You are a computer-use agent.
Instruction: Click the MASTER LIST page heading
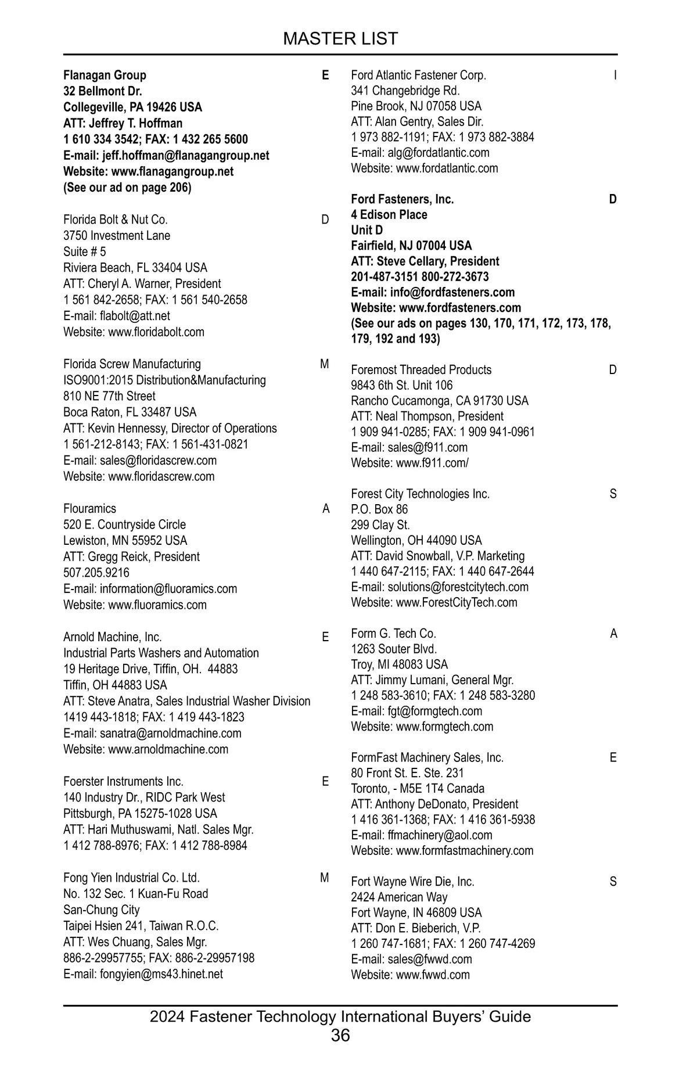click(340, 38)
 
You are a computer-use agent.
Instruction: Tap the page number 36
click(340, 1035)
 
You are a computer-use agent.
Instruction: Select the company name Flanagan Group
click(105, 75)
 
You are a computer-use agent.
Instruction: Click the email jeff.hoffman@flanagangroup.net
click(185, 156)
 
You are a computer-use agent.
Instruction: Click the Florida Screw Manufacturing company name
click(132, 364)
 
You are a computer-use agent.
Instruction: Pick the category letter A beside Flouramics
click(326, 509)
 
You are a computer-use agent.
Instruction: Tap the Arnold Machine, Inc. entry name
click(113, 637)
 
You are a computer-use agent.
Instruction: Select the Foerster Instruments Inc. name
click(123, 782)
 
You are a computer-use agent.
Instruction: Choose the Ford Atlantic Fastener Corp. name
click(418, 75)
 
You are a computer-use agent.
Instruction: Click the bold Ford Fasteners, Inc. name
click(402, 199)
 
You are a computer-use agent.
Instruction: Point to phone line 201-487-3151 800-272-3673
click(419, 277)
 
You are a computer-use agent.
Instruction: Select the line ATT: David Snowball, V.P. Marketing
click(437, 556)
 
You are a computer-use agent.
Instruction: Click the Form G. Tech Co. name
click(393, 634)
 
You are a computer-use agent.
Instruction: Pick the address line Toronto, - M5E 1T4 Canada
click(417, 789)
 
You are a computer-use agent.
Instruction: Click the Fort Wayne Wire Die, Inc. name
click(412, 882)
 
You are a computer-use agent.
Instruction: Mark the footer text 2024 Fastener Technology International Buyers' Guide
click(340, 1016)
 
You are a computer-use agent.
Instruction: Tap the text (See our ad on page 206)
click(127, 188)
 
